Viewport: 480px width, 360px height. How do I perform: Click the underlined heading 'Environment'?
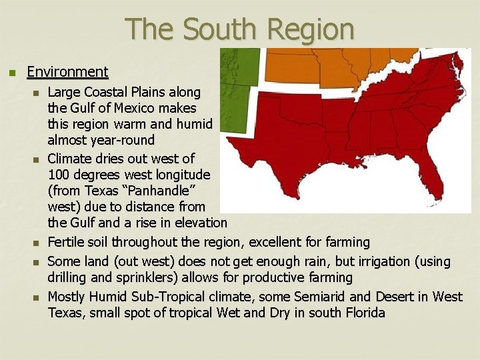67,71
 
